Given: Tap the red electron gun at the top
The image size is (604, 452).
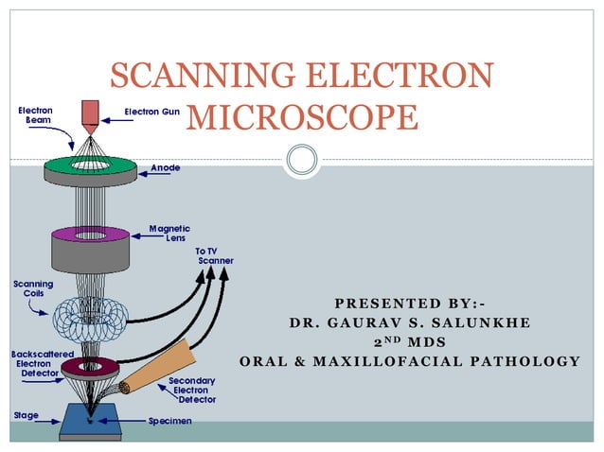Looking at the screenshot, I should tap(90, 114).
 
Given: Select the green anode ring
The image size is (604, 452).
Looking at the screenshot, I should tap(89, 165).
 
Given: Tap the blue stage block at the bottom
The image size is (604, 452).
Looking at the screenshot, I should tap(89, 421).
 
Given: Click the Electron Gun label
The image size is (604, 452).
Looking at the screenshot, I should tap(151, 112).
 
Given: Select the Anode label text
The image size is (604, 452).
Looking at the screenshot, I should tap(166, 167).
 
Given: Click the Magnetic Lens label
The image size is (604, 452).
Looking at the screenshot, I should tap(169, 234).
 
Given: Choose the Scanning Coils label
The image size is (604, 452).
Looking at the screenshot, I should tap(32, 288).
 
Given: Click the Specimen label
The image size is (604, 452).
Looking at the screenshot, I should tap(170, 420).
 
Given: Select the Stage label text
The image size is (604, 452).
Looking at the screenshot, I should tap(26, 415).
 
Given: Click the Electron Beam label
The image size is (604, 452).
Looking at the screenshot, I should tap(35, 117).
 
